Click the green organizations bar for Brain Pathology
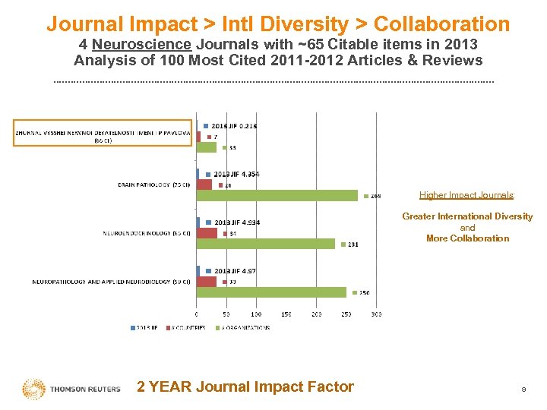pos(277,195)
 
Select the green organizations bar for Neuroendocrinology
pos(266,244)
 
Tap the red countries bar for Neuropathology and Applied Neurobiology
pos(207,282)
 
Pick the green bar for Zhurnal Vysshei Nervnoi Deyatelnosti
pos(207,147)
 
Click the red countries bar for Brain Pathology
pos(204,184)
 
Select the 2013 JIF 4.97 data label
pos(235,271)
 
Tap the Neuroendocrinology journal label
pos(147,233)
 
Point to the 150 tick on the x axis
pos(286,314)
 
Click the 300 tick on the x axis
pos(376,314)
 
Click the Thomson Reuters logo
pos(71,388)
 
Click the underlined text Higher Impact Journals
pos(467,195)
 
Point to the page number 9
pos(523,389)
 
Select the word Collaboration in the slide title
pos(441,24)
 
